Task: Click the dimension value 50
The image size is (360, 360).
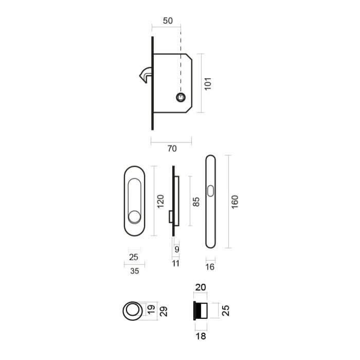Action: (167, 21)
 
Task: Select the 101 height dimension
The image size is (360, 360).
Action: (208, 83)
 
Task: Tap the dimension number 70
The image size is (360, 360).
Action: (172, 149)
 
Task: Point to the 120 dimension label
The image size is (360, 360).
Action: (160, 201)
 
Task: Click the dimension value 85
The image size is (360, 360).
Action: (195, 201)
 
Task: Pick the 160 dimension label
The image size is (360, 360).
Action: (235, 201)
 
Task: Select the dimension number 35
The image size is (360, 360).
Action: (135, 272)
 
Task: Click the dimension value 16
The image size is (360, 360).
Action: (210, 267)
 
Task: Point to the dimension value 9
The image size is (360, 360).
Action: (176, 249)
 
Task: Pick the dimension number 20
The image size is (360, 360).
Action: (200, 287)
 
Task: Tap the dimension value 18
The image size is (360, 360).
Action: (200, 335)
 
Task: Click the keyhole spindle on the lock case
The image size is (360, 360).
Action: (181, 97)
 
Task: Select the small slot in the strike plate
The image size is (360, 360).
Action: (210, 192)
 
